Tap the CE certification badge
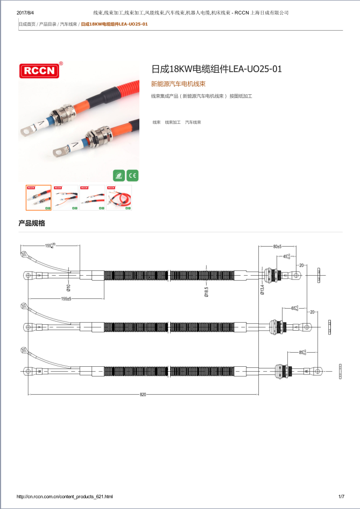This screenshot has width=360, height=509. point(132,175)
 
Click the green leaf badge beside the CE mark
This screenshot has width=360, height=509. point(119,175)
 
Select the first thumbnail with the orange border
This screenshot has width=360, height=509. point(39,198)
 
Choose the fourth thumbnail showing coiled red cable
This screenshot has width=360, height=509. point(119,198)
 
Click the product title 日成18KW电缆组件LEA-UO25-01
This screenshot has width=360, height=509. point(216,69)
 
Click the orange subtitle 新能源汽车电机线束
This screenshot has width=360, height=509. point(178,84)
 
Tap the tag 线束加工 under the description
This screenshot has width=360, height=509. point(173,123)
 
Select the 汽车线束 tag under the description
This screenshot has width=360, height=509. point(193,123)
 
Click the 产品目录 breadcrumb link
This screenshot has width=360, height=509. point(48,24)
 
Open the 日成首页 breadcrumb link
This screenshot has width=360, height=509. point(27,24)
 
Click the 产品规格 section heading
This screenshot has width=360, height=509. point(32,223)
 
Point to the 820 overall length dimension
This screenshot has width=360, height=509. point(143,395)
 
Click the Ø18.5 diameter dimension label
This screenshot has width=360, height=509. point(206,291)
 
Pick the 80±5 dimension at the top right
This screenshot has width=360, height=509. point(277,246)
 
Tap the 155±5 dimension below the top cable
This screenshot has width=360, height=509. point(66,298)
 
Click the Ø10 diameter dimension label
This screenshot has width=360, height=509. point(68,288)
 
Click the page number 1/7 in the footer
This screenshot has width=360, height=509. point(341,497)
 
